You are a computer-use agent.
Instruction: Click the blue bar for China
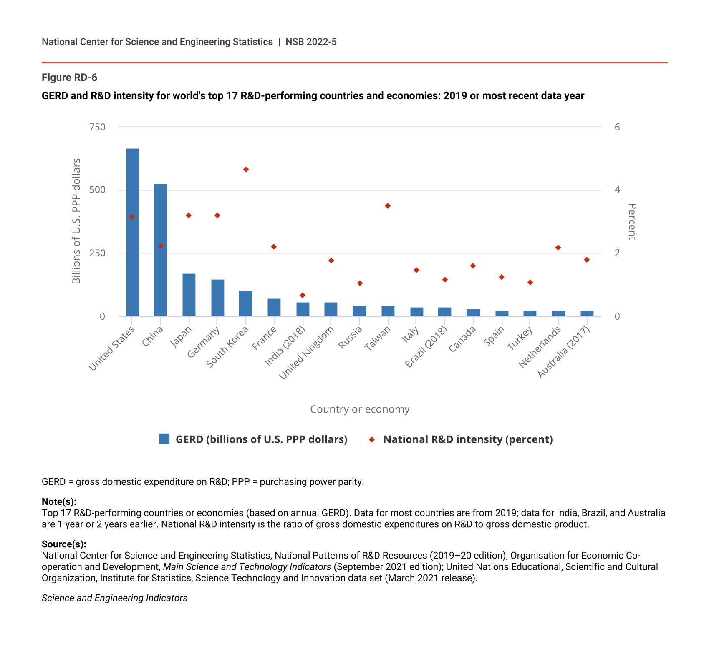click(160, 250)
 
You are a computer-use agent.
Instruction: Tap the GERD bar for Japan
click(189, 295)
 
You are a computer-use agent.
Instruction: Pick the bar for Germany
click(217, 298)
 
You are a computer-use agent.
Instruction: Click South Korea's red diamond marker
click(246, 170)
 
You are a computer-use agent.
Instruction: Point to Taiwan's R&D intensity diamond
click(388, 206)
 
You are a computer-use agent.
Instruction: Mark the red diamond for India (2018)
click(303, 296)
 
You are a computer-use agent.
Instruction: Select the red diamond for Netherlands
click(558, 248)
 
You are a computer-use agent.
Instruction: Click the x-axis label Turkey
click(520, 338)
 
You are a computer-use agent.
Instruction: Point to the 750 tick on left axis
click(97, 127)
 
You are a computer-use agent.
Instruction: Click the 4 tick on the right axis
click(617, 190)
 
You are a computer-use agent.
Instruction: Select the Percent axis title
click(632, 222)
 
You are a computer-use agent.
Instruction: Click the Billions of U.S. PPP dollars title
click(76, 221)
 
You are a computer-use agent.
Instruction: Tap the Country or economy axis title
click(360, 409)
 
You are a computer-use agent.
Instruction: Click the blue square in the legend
click(164, 439)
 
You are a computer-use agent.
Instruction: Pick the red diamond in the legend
click(372, 439)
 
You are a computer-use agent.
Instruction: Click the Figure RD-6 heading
click(70, 78)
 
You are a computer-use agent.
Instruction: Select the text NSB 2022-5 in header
click(311, 42)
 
